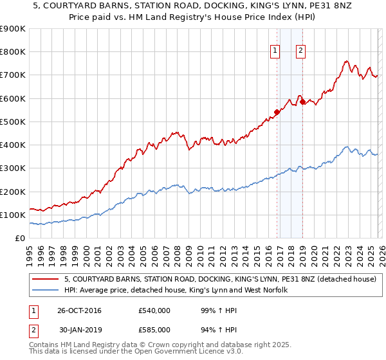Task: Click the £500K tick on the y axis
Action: coord(12,122)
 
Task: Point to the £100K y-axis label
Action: coord(12,215)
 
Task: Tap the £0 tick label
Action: coord(19,239)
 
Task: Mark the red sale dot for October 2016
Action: coord(277,112)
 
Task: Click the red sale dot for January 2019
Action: coord(302,102)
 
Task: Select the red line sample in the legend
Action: coord(46,279)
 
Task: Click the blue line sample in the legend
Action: coord(46,290)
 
